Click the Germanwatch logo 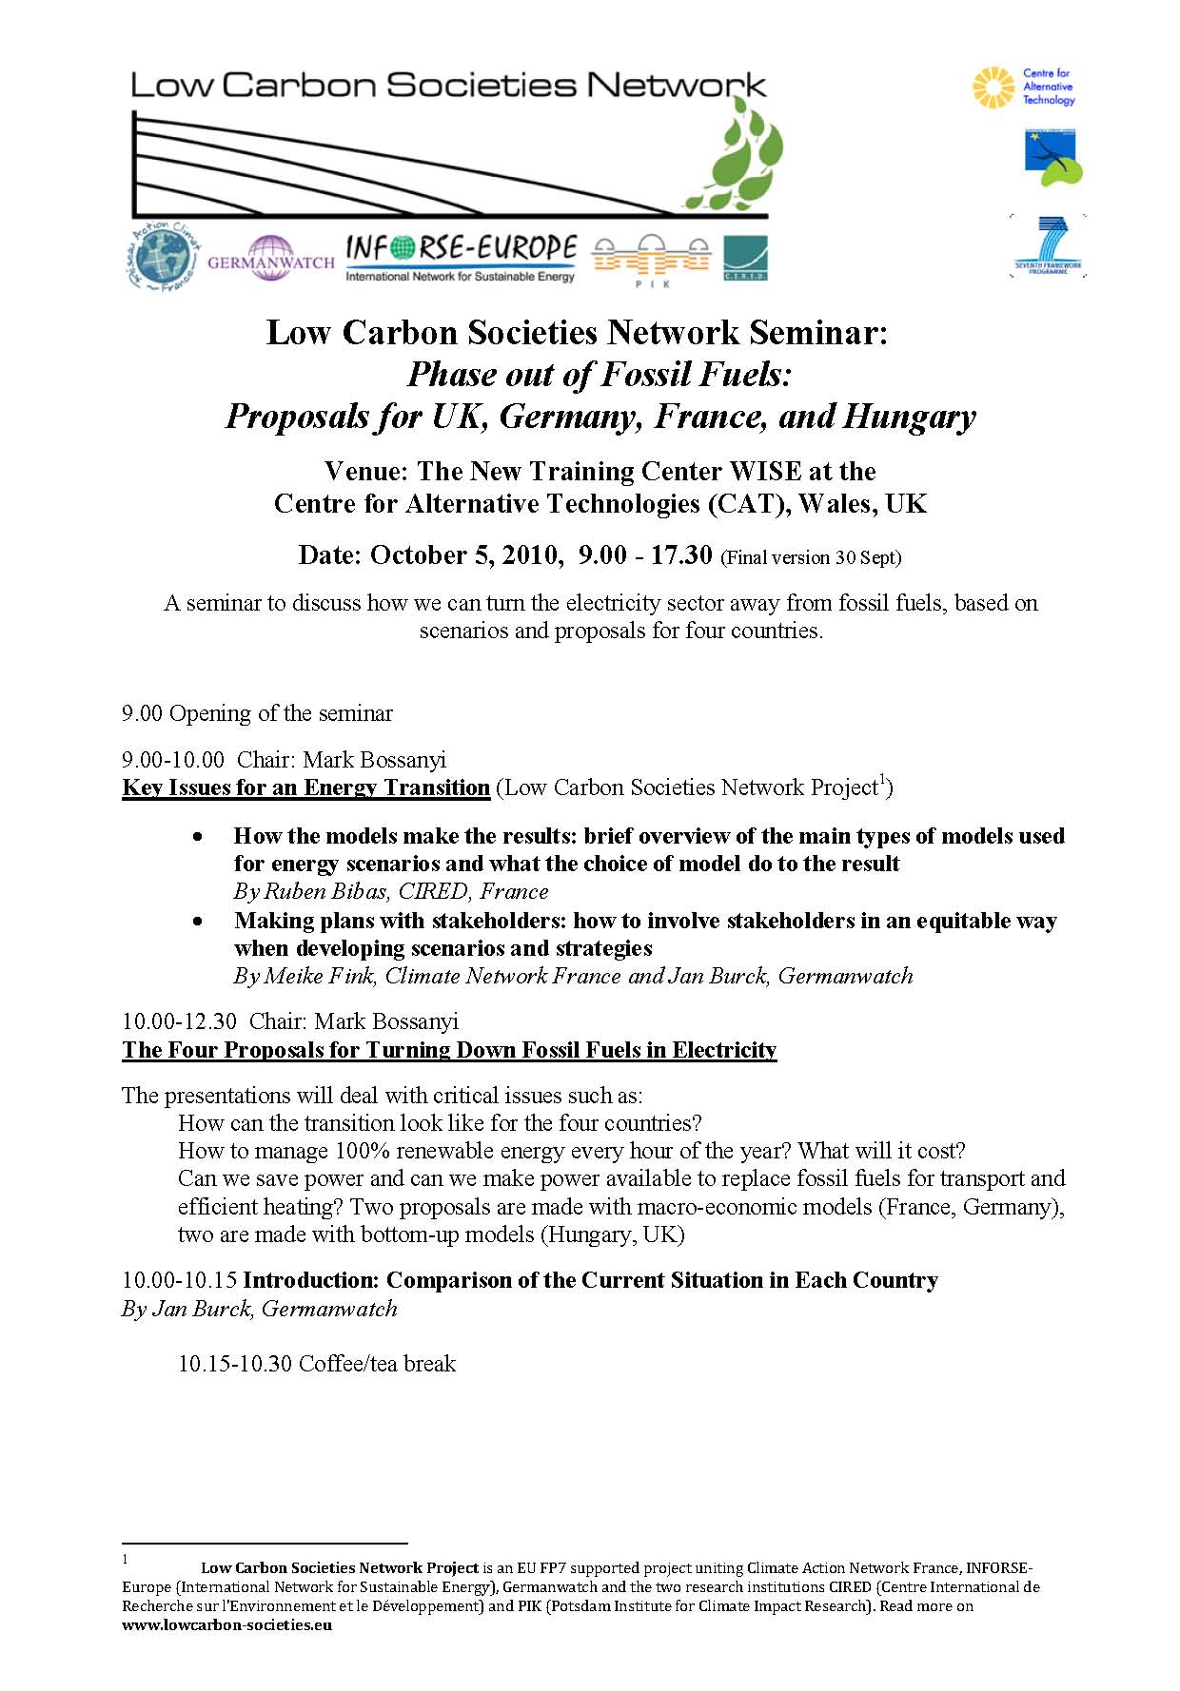coord(270,258)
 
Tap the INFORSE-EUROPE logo coord(461,258)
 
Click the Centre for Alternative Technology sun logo coord(993,87)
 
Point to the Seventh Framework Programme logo coord(1047,246)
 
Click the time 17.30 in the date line coord(680,554)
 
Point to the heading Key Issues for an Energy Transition coord(305,787)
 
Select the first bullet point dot coord(197,837)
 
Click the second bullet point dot coord(197,922)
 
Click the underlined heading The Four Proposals coord(449,1049)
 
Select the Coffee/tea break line coord(317,1364)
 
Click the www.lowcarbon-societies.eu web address coord(226,1625)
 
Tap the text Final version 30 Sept coord(811,557)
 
